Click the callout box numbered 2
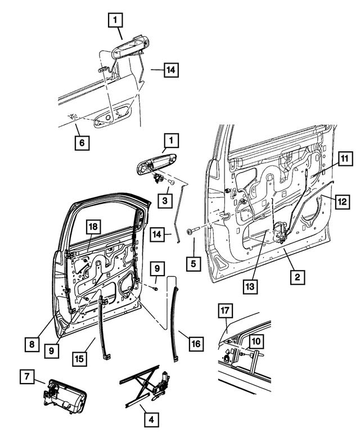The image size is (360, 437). click(x=298, y=277)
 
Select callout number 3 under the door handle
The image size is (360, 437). click(x=166, y=200)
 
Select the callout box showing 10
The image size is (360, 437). click(x=255, y=340)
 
